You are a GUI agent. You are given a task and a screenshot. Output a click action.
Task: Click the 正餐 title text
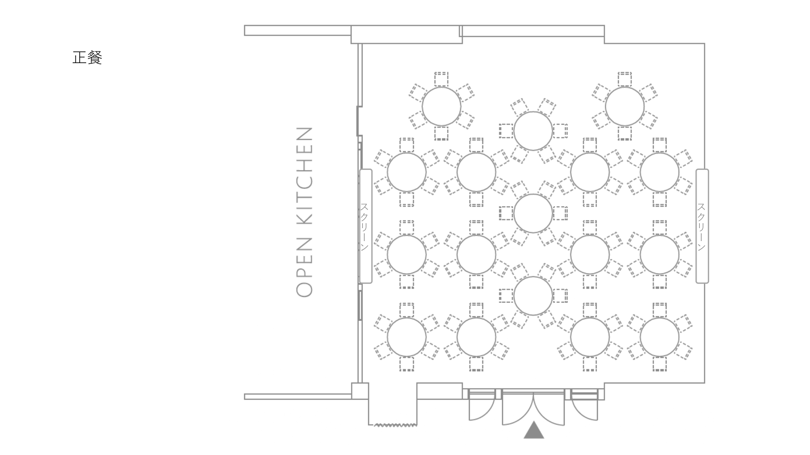87,57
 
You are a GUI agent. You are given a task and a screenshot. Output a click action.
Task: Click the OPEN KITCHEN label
305,212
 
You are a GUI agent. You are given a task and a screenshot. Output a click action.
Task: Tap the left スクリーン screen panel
365,226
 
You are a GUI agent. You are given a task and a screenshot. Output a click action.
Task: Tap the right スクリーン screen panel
702,226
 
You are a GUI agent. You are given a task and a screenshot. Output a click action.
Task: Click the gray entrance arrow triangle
534,430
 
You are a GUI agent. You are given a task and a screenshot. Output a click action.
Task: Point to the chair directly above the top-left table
441,79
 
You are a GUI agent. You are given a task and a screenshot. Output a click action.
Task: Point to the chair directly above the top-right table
625,79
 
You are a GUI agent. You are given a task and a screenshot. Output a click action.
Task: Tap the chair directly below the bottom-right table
659,364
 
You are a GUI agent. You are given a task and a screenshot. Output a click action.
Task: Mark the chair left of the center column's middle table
506,213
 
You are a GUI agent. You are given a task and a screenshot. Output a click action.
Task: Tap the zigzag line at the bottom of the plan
395,425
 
